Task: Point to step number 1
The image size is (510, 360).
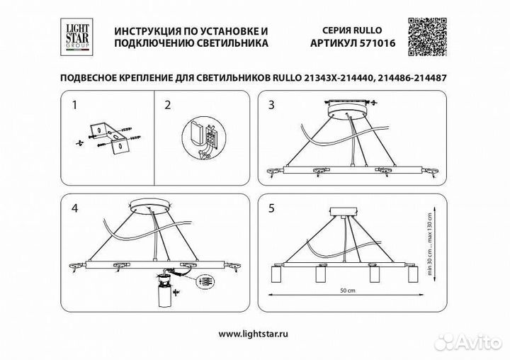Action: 75,106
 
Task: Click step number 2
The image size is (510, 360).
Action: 168,106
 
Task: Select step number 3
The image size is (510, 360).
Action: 271,106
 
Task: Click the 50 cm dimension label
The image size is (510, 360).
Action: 346,291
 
